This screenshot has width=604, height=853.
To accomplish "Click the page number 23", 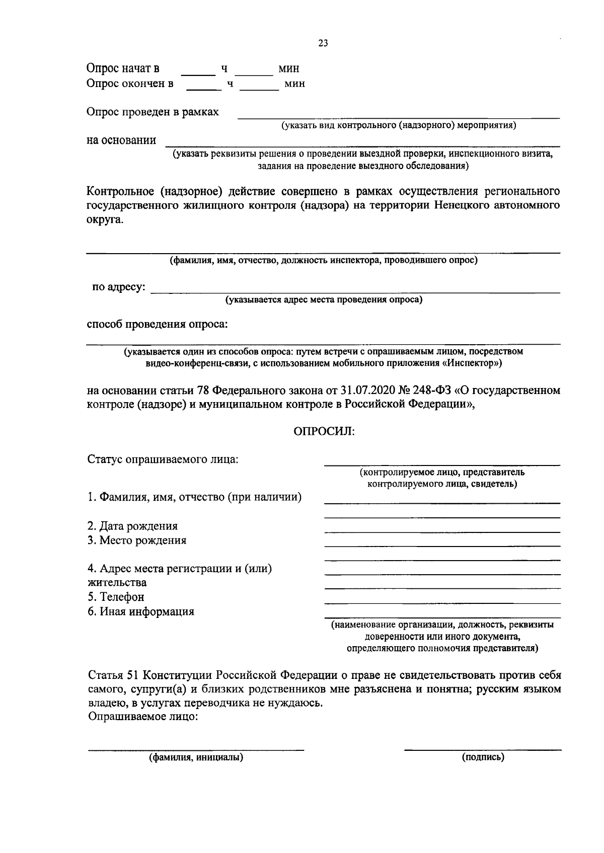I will [323, 44].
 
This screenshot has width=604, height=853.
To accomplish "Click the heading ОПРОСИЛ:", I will [324, 432].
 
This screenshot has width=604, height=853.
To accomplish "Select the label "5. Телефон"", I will [116, 597].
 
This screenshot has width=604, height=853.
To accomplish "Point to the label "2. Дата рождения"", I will [132, 526].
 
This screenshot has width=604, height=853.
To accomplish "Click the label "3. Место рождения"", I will [137, 540].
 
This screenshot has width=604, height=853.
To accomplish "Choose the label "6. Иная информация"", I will [141, 612].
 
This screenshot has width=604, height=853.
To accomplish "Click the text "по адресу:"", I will [119, 287].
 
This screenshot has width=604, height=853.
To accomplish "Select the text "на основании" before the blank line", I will [121, 140].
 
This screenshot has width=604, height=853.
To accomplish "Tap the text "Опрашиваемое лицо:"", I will [143, 717].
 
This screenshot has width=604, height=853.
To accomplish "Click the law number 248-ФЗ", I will [433, 391].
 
